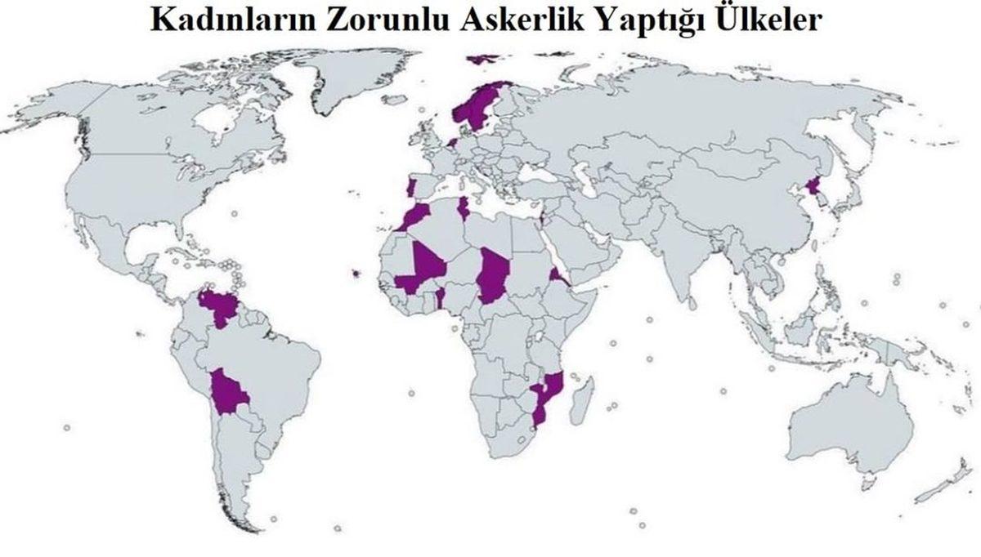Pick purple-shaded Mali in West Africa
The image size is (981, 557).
[425, 265]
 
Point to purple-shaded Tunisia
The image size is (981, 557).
[463, 210]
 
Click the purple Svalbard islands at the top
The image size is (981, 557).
[482, 59]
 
